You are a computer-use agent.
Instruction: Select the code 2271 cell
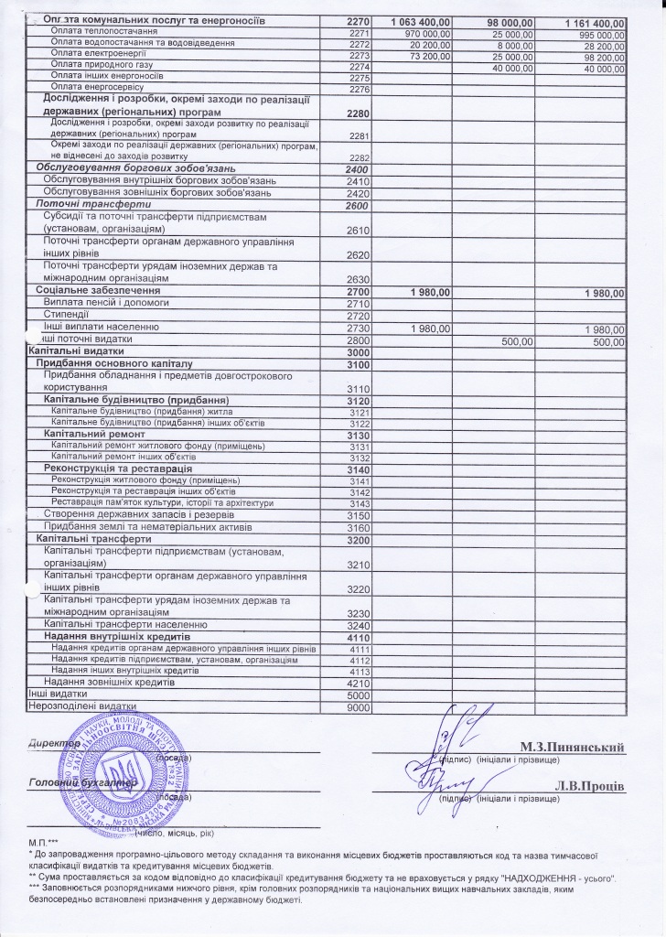358,32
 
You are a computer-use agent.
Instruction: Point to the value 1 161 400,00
586,21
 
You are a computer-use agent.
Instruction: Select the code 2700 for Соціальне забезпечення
357,291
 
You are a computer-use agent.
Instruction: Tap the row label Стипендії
66,315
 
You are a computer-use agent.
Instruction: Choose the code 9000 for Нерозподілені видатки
357,707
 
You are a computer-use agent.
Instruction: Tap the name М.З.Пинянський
572,748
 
